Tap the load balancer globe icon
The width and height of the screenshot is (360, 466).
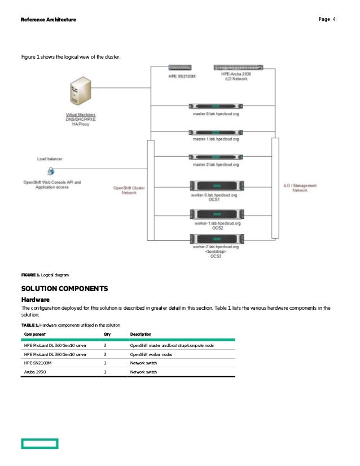[x=51, y=170]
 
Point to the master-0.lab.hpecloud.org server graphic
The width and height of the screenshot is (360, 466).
[x=216, y=105]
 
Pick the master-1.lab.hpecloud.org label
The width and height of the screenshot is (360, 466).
[x=216, y=139]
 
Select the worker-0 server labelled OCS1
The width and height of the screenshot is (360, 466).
[x=217, y=186]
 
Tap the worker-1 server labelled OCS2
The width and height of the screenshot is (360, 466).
[x=217, y=214]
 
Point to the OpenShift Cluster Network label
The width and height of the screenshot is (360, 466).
[x=129, y=190]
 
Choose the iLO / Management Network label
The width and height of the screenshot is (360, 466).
[x=300, y=188]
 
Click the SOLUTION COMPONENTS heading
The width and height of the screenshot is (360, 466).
[x=64, y=289]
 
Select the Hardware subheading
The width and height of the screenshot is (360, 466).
[x=35, y=299]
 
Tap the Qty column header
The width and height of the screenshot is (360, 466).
[x=107, y=334]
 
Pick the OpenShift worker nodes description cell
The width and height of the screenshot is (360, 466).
[x=151, y=354]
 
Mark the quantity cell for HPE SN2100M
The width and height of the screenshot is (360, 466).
[x=106, y=363]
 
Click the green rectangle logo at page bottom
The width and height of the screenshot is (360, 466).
[x=39, y=444]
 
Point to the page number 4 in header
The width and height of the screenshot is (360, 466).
[x=334, y=20]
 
